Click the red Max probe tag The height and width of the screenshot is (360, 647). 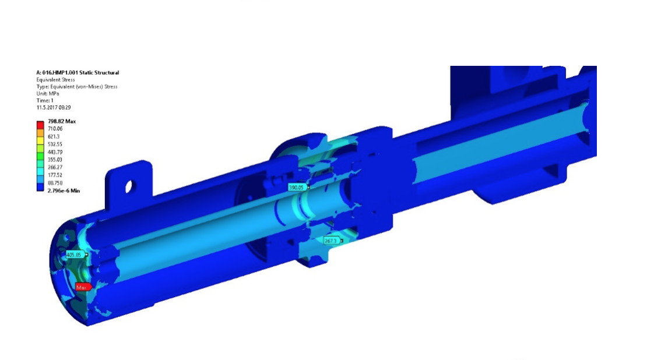[83, 287]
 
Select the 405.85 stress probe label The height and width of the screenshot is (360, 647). [76, 255]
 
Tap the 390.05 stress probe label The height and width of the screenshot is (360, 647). [298, 188]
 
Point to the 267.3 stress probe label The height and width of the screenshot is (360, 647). [332, 241]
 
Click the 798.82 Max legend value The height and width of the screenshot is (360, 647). [62, 121]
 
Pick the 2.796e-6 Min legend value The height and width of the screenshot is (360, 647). [64, 191]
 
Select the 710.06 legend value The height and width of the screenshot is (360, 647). [55, 129]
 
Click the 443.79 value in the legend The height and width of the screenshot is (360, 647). [55, 152]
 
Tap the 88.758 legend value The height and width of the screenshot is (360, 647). [55, 183]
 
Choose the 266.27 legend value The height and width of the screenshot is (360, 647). [55, 167]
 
